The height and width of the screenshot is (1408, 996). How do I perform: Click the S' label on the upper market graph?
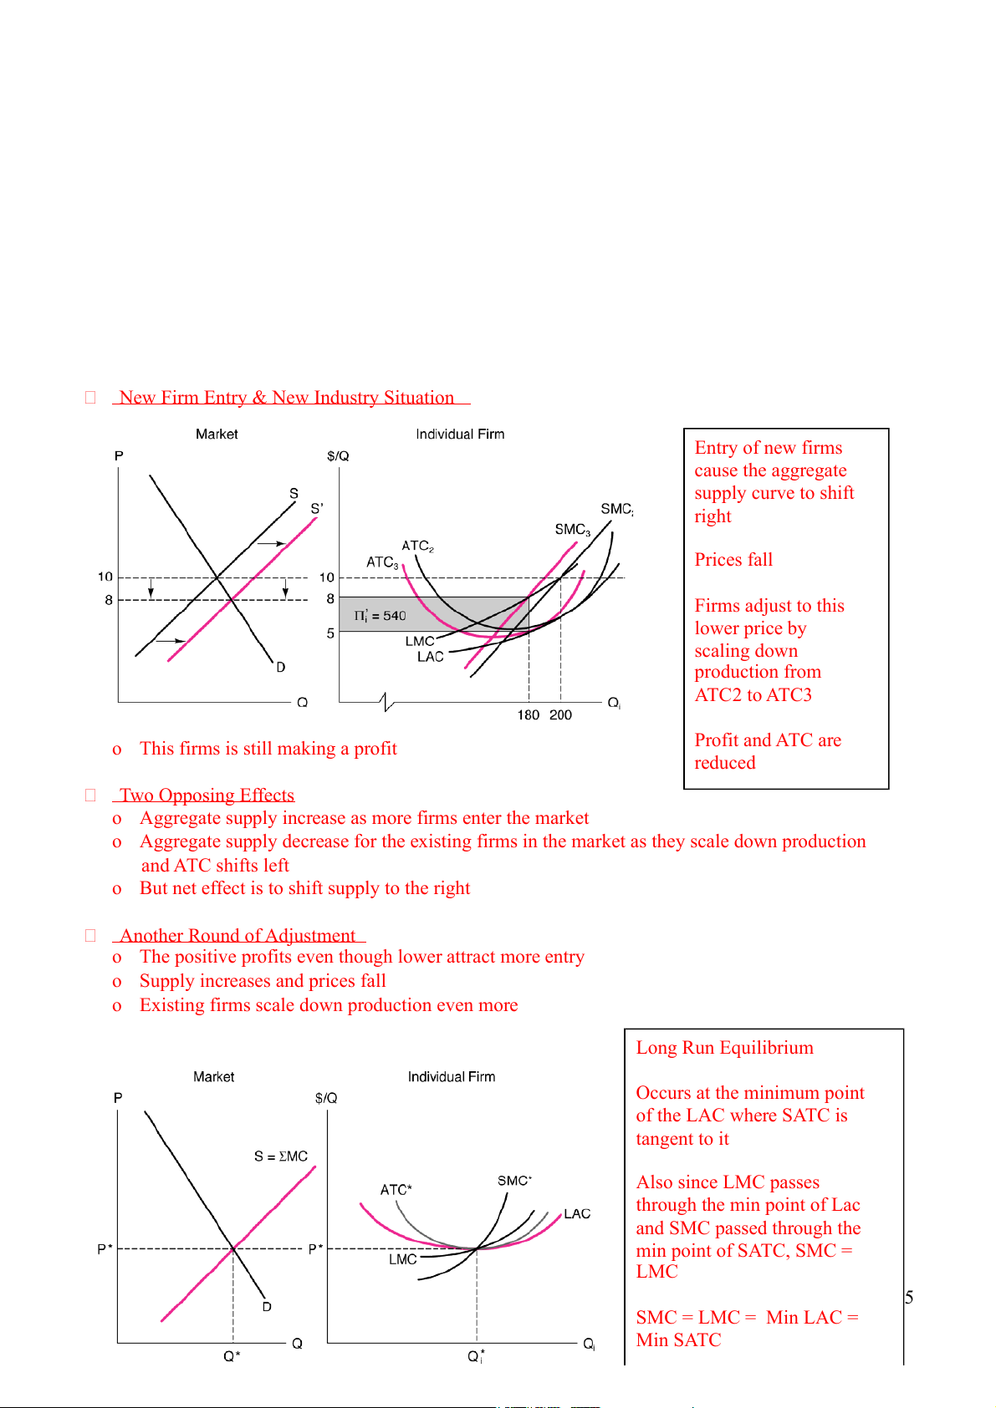pyautogui.click(x=317, y=508)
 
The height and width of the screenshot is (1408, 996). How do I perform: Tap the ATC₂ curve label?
pyautogui.click(x=417, y=546)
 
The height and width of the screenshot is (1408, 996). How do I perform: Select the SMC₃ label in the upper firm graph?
pyautogui.click(x=572, y=530)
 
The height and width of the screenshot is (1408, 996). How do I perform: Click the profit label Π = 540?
pyautogui.click(x=381, y=616)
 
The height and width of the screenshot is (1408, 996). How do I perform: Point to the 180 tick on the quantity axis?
pyautogui.click(x=528, y=715)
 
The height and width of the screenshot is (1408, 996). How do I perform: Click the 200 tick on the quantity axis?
pyautogui.click(x=560, y=715)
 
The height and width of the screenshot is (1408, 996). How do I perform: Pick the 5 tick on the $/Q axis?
pyautogui.click(x=330, y=633)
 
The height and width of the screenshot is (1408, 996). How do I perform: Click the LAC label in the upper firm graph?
pyautogui.click(x=431, y=657)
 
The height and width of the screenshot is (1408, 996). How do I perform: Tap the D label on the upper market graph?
pyautogui.click(x=281, y=667)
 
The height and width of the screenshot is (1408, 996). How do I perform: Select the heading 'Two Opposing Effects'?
pyautogui.click(x=207, y=795)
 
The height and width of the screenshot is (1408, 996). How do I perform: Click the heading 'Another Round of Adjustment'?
pyautogui.click(x=238, y=936)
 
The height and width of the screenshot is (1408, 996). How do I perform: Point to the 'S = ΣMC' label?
pyautogui.click(x=281, y=1156)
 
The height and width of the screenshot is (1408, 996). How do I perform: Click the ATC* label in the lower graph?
pyautogui.click(x=396, y=1190)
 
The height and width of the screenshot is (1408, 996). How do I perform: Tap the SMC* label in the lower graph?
pyautogui.click(x=514, y=1181)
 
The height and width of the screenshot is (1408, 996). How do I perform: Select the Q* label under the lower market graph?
pyautogui.click(x=232, y=1356)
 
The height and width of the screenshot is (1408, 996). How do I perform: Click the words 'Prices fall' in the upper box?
pyautogui.click(x=733, y=560)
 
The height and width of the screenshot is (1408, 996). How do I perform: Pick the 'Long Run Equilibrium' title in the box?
pyautogui.click(x=724, y=1048)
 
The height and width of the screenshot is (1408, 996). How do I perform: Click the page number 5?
pyautogui.click(x=909, y=1298)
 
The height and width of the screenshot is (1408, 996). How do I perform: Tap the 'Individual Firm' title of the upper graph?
pyautogui.click(x=460, y=435)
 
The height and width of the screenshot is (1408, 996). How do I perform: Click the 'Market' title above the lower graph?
pyautogui.click(x=213, y=1077)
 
